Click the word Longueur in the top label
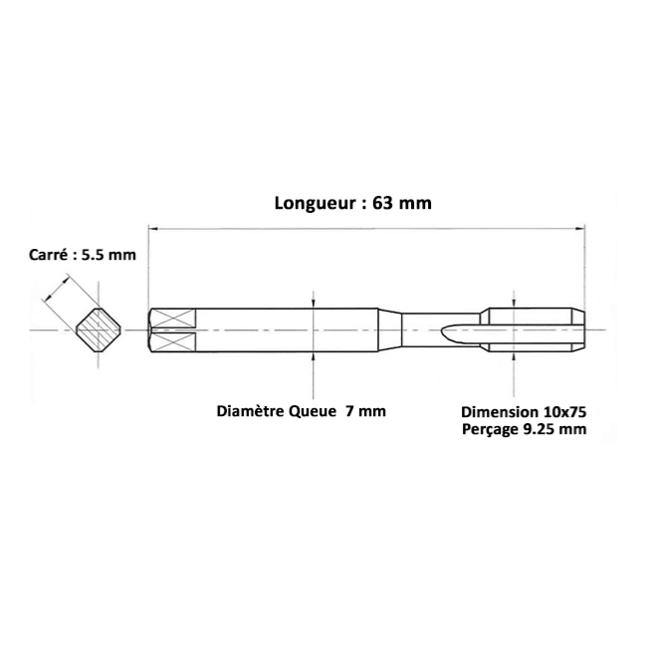pyautogui.click(x=316, y=203)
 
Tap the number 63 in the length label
pyautogui.click(x=382, y=203)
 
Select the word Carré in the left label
pyautogui.click(x=48, y=255)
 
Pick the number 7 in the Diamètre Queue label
pyautogui.click(x=349, y=411)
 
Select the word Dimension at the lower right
pyautogui.click(x=500, y=412)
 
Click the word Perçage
pyautogui.click(x=490, y=429)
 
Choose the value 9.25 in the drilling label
pyautogui.click(x=539, y=429)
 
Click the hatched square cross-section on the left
pyautogui.click(x=99, y=329)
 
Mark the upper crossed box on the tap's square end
pyautogui.click(x=173, y=319)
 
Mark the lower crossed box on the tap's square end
pyautogui.click(x=173, y=342)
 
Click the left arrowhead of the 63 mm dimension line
pyautogui.click(x=153, y=228)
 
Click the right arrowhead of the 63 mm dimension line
pyautogui.click(x=580, y=228)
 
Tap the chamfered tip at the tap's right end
pyautogui.click(x=578, y=329)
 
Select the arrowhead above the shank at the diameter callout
pyautogui.click(x=314, y=304)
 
